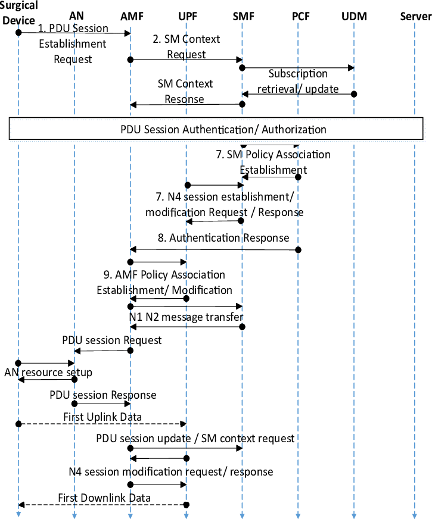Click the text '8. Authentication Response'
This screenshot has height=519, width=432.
pos(223,238)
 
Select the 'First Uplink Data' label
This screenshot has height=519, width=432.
pos(102,417)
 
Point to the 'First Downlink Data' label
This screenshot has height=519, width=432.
pos(104,498)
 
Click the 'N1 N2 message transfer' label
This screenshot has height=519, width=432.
pos(186,317)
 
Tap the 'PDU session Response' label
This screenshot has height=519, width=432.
pos(103,395)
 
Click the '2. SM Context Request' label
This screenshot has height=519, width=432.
pos(187,46)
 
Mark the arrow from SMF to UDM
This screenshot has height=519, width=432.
pos(298,68)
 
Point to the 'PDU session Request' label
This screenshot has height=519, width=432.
pos(112,340)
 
